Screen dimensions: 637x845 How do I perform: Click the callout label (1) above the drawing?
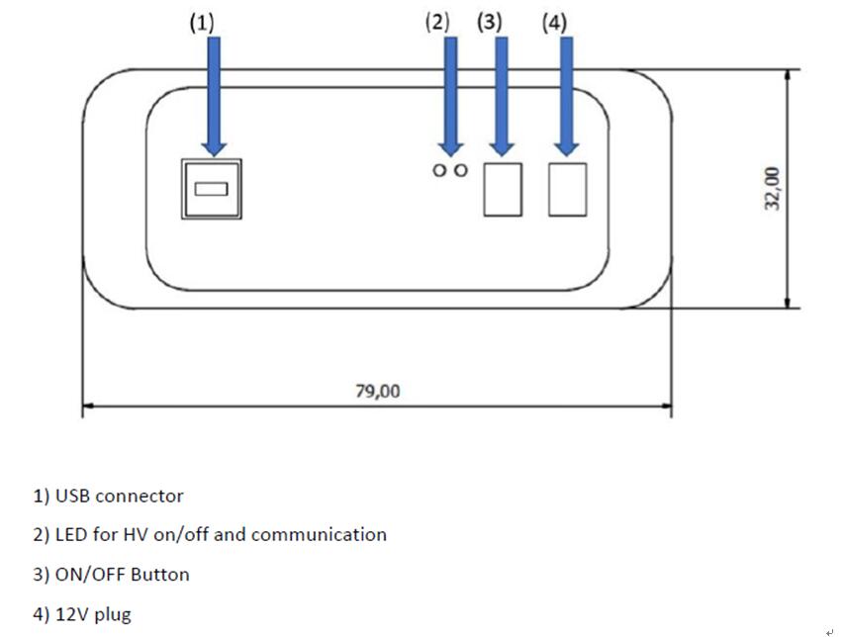[x=202, y=23]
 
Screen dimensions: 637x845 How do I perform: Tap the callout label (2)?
[x=437, y=23]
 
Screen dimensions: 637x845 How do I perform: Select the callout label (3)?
[x=490, y=23]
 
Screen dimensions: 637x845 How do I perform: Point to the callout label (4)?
[x=554, y=23]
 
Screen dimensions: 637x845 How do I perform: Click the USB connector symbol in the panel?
[x=212, y=188]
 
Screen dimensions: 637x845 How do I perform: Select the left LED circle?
[x=439, y=170]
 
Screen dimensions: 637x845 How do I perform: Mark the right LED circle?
[x=460, y=170]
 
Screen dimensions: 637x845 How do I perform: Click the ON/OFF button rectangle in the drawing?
[x=503, y=188]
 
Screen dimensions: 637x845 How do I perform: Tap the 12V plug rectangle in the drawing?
[x=567, y=188]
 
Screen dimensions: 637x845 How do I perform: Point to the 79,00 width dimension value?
[x=378, y=392]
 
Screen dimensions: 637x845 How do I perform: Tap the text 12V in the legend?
[x=71, y=614]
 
